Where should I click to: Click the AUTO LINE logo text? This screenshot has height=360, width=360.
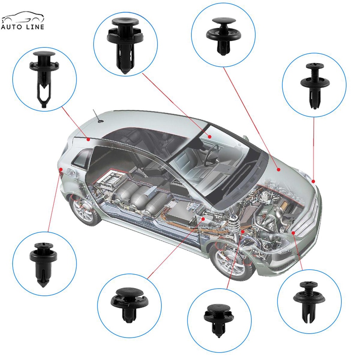click(22, 26)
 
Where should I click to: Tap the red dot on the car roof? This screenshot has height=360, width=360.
click(89, 139)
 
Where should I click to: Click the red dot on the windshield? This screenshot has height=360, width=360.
click(210, 136)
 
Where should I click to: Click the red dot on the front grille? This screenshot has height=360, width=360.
click(293, 232)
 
